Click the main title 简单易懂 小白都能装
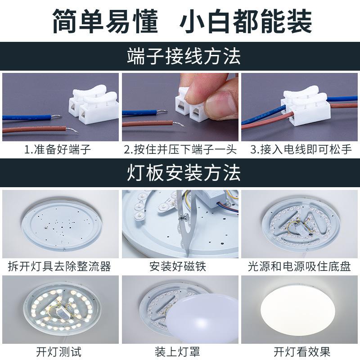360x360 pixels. coord(182,21)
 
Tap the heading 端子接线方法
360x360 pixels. coord(184,56)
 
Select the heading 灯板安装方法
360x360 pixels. coord(184,173)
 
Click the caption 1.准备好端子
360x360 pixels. coord(58,149)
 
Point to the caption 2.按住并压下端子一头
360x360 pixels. coord(180,149)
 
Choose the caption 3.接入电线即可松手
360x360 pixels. coord(301,149)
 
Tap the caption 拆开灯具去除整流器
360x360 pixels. coord(59,266)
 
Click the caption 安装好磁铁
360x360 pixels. coord(178,266)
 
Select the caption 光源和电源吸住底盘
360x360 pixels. coord(299,266)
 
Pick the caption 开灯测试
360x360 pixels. coord(59,352)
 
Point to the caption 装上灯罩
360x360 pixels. coord(177,352)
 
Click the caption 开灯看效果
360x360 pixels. coord(301,352)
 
